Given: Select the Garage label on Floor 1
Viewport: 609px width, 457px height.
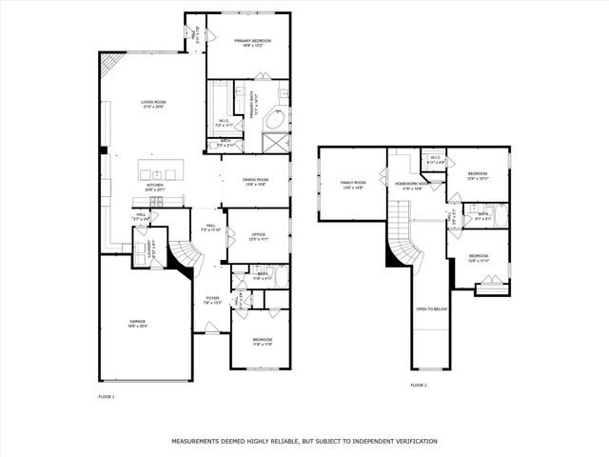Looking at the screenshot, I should click(138, 324).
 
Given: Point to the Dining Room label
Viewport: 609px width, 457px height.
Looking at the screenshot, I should click(255, 181).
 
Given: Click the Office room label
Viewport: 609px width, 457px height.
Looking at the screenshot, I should click(258, 235).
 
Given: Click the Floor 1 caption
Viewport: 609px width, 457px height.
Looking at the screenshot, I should click(107, 396).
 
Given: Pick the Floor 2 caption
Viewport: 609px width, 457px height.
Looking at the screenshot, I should click(419, 386).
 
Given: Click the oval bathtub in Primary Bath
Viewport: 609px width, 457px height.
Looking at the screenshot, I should click(275, 121).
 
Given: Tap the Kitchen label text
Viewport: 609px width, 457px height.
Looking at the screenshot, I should click(155, 188).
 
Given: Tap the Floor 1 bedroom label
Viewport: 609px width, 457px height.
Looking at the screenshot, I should click(263, 341).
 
